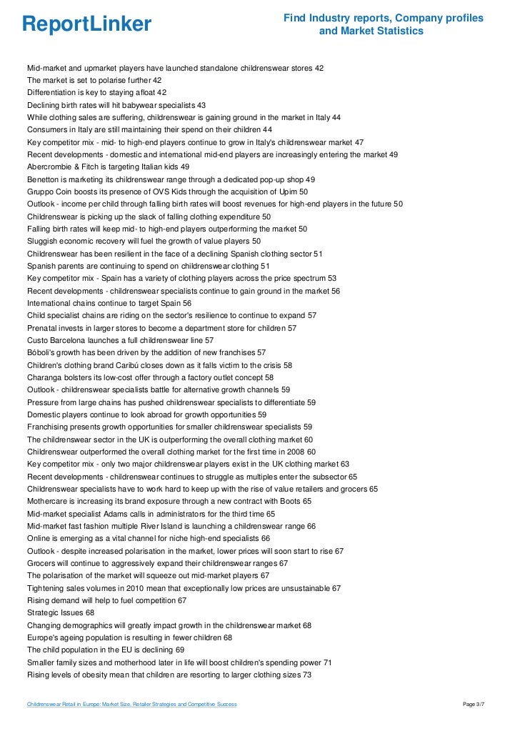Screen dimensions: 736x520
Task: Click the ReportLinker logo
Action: click(87, 24)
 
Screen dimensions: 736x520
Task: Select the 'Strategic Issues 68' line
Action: click(60, 612)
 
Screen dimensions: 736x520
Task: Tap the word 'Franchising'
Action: click(49, 427)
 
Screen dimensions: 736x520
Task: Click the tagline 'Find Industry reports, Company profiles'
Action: click(384, 18)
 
